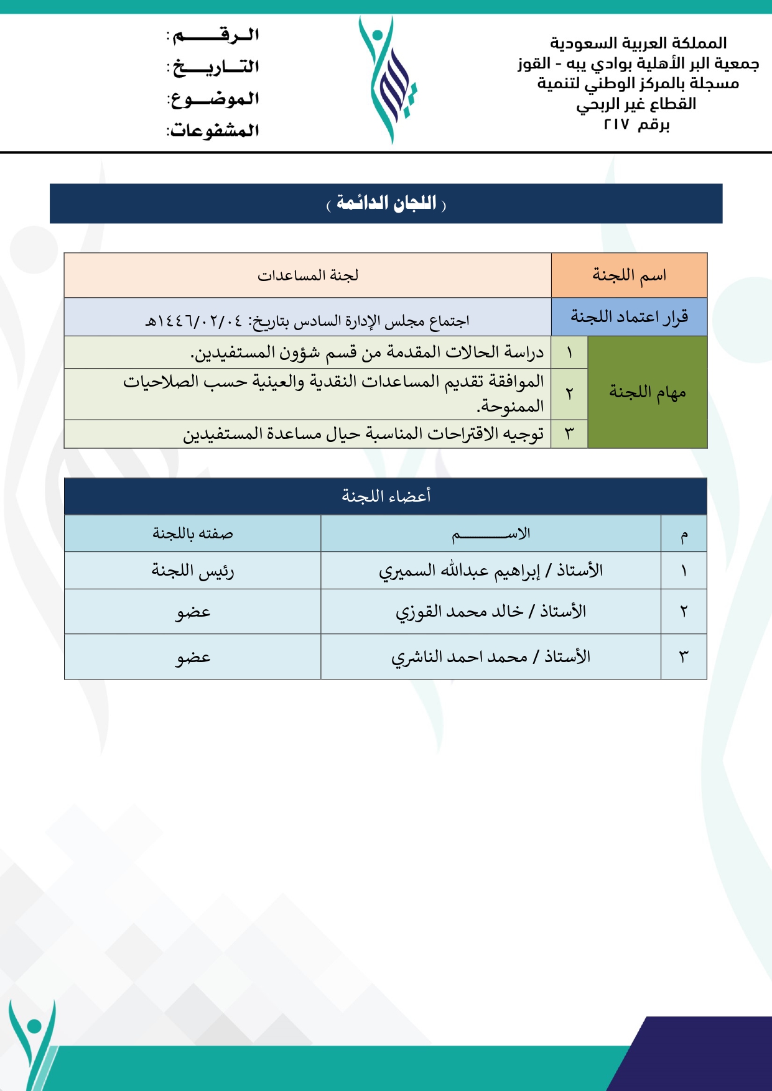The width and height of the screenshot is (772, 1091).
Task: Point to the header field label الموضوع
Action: (x=215, y=98)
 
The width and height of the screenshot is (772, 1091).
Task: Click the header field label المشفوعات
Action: (x=213, y=131)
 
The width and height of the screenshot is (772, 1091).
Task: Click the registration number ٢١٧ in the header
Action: (x=617, y=124)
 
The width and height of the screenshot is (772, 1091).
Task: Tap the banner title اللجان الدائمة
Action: (x=386, y=203)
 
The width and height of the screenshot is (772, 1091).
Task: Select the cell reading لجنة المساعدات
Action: (x=308, y=275)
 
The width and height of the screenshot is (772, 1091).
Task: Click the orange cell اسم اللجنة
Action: (x=629, y=275)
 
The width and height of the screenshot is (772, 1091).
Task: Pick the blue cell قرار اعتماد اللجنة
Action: (x=629, y=317)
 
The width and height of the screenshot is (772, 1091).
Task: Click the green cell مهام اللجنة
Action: (x=647, y=392)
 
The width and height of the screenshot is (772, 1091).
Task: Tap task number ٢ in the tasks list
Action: (x=569, y=394)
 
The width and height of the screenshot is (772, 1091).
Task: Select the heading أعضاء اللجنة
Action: (x=386, y=496)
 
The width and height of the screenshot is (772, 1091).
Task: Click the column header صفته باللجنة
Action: (x=193, y=533)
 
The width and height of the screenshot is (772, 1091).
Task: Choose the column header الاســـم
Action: (x=491, y=533)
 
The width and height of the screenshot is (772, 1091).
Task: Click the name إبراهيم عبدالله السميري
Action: (x=459, y=571)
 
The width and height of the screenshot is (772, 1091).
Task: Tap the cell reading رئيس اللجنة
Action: (x=193, y=571)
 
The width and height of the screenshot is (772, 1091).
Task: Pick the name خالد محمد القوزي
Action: (x=460, y=612)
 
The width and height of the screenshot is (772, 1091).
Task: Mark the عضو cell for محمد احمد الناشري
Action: (x=193, y=657)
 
